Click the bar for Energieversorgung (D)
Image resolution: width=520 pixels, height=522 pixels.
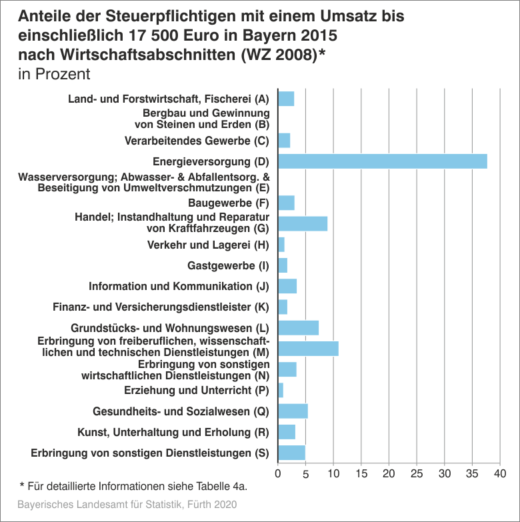382,161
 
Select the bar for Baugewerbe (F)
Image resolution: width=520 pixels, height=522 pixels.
286,203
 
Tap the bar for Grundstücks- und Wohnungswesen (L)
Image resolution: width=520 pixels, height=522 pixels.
298,327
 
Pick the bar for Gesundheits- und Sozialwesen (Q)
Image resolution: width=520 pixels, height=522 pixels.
293,411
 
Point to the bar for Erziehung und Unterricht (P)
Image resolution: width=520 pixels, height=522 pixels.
281,390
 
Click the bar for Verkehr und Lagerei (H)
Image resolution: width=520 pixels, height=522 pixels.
281,245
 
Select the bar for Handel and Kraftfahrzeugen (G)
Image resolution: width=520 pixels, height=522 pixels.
303,223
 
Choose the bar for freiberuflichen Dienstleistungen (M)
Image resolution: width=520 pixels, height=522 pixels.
308,348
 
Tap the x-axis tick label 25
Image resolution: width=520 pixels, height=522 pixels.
417,475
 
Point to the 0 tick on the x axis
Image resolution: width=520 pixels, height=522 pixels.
278,475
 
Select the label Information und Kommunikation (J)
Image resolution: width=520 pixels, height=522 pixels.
179,286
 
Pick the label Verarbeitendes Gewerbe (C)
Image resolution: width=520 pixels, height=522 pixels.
197,141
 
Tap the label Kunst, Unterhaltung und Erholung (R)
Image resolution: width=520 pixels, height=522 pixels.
173,432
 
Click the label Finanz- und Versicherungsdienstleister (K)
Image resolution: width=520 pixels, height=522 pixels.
161,307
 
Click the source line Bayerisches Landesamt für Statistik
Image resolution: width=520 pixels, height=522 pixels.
127,504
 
